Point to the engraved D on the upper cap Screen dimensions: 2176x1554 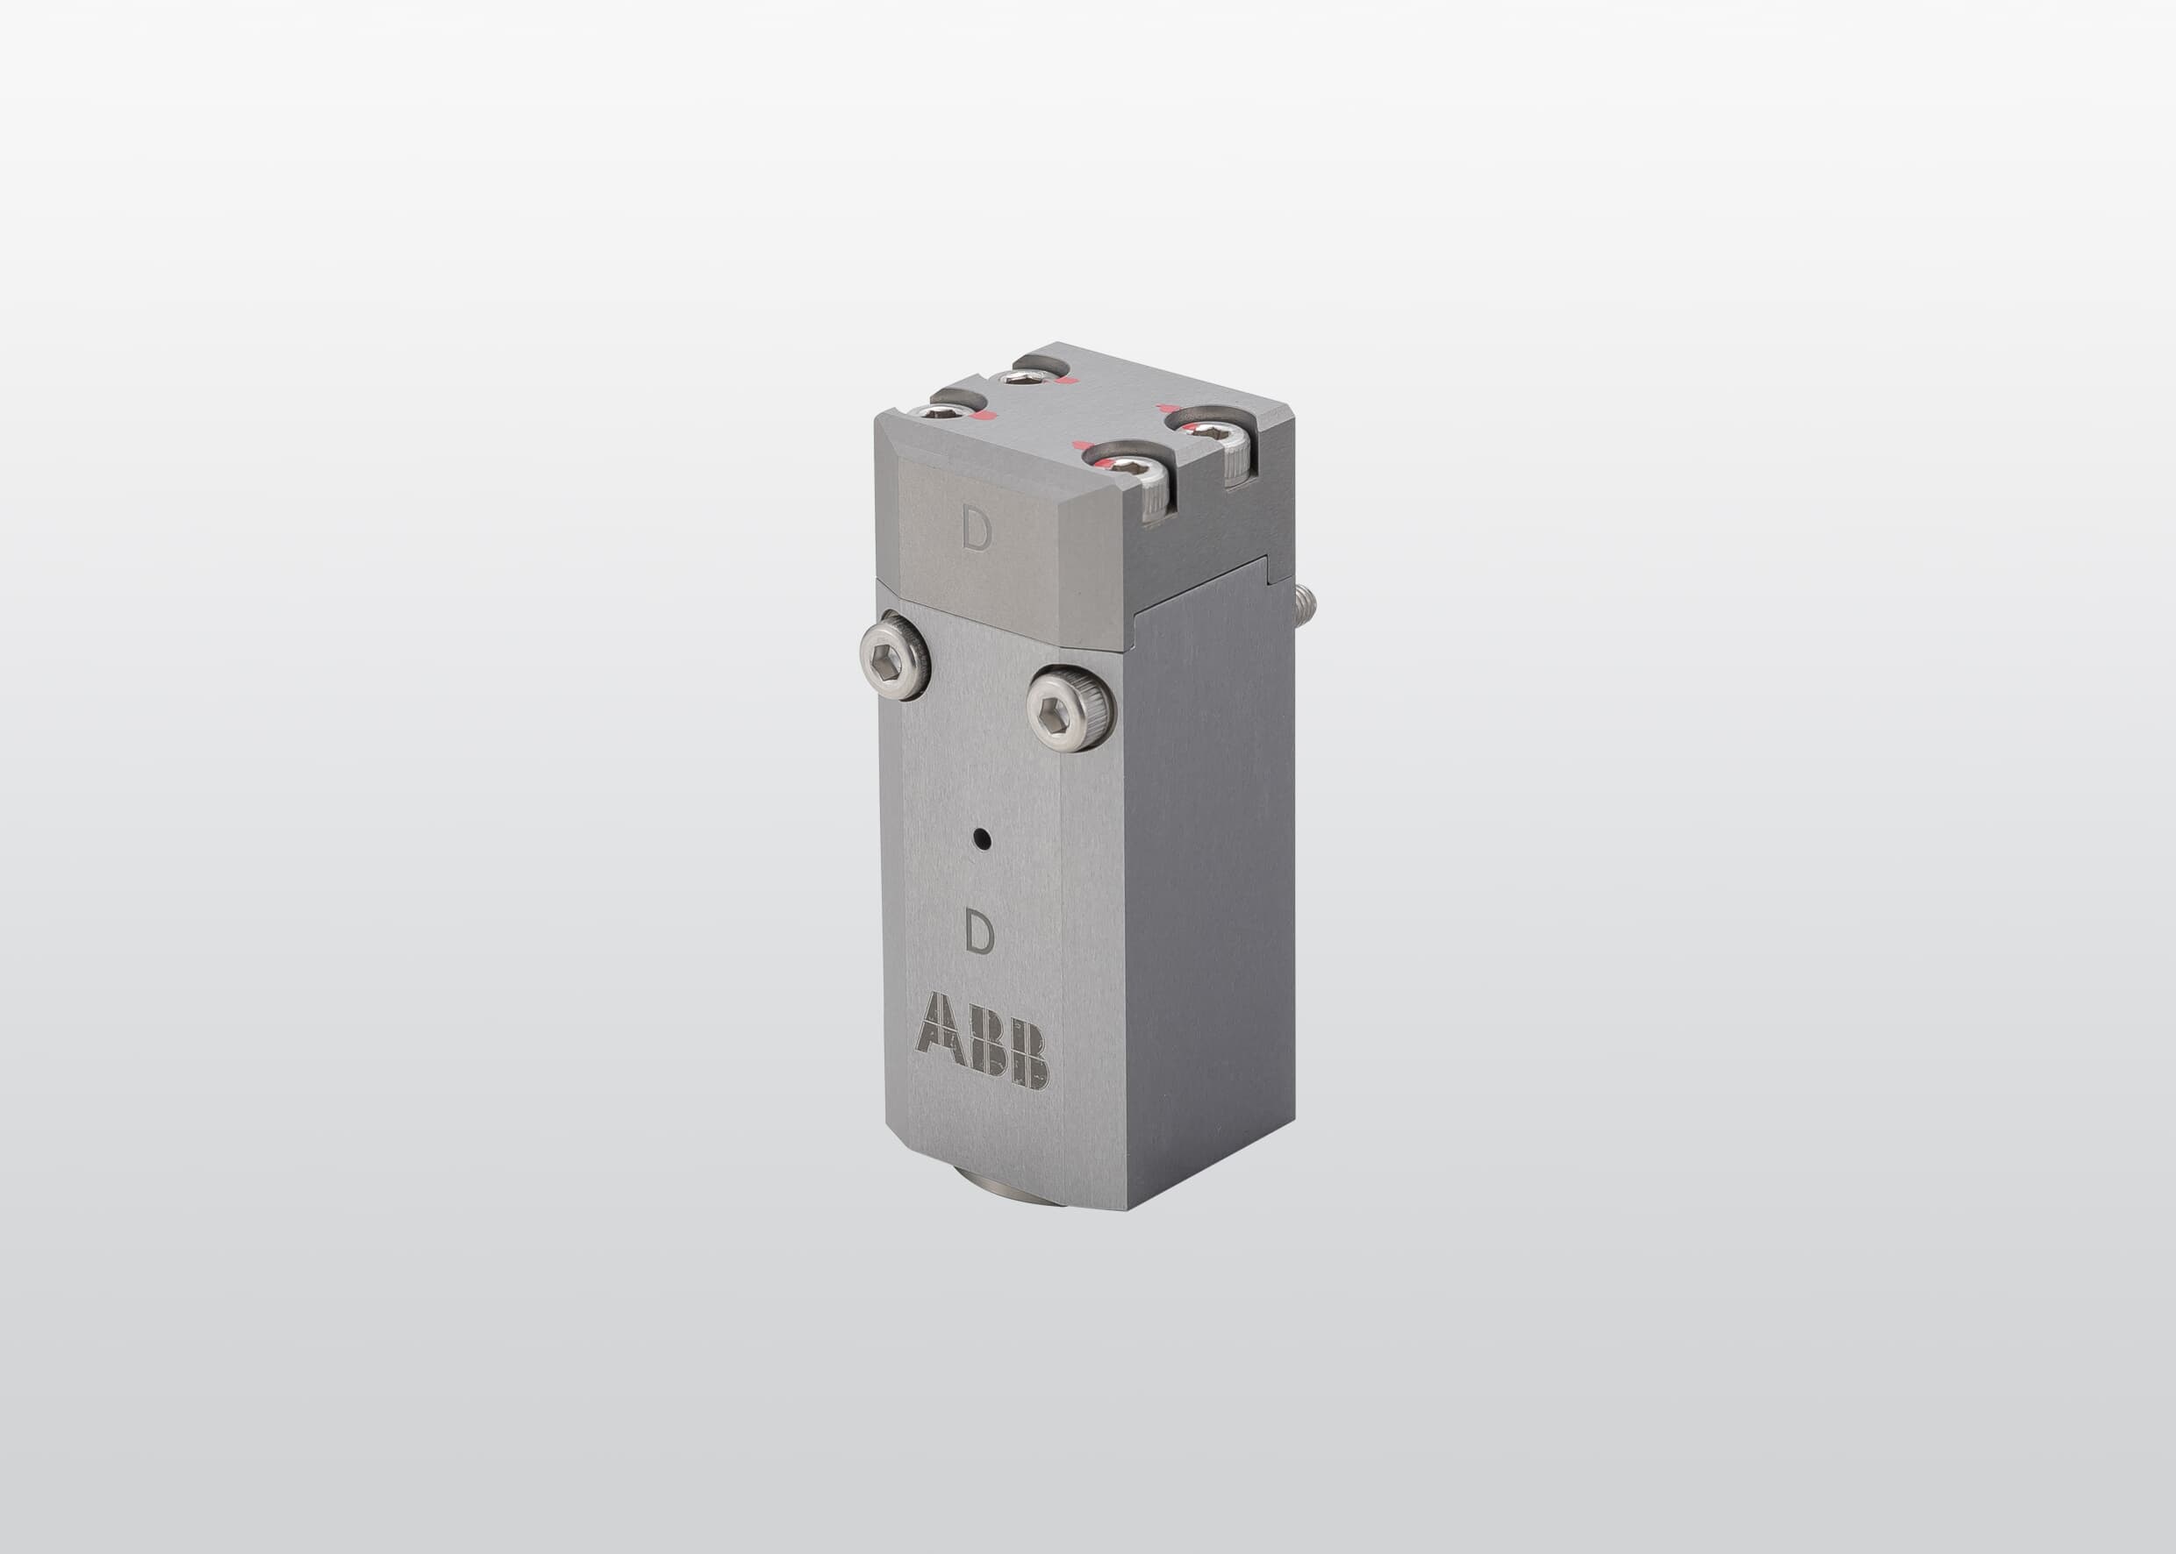click(x=977, y=534)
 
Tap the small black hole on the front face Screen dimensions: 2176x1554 click(x=980, y=840)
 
